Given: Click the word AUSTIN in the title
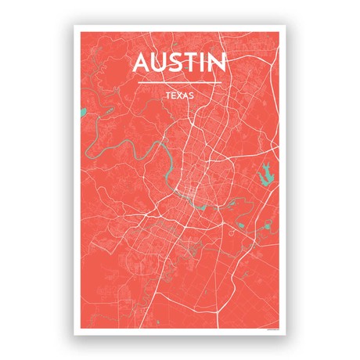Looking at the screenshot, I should coord(179,63).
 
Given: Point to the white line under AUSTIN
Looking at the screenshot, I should coord(180,81).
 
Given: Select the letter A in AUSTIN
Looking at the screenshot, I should coord(142,63).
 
